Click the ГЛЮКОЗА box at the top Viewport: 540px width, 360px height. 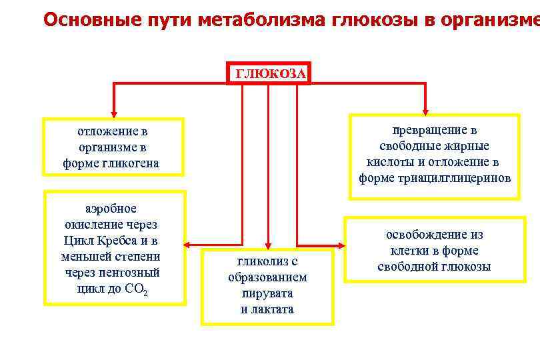pyautogui.click(x=269, y=73)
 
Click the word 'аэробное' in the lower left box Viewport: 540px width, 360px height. pyautogui.click(x=112, y=209)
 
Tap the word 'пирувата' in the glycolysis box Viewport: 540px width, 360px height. pyautogui.click(x=267, y=293)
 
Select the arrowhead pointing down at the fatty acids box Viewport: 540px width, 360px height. pyautogui.click(x=426, y=109)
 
